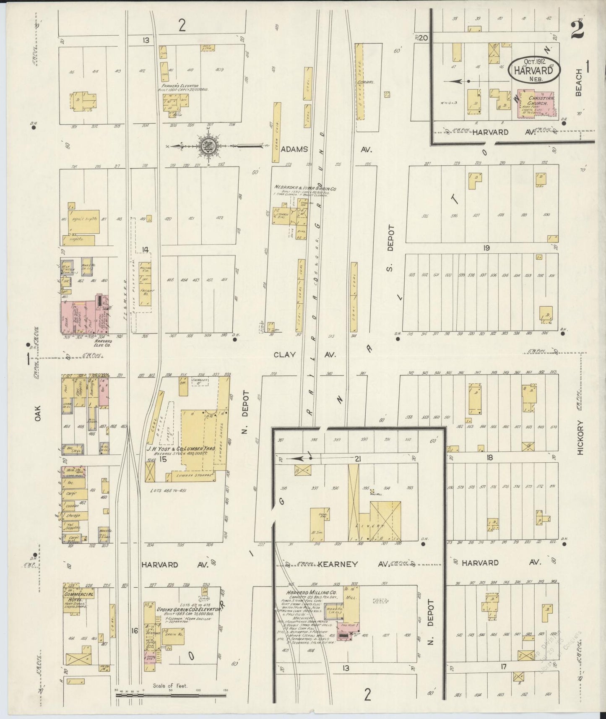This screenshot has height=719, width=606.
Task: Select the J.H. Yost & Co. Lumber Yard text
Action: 181,449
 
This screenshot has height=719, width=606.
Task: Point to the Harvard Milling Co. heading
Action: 309,593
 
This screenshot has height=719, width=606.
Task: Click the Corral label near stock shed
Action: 366,83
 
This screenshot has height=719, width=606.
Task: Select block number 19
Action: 486,248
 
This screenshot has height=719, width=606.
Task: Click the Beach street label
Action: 579,83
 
